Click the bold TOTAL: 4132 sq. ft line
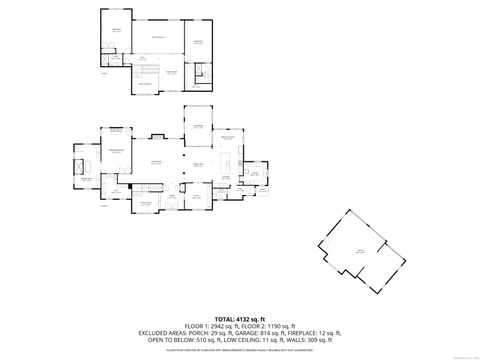point(240,319)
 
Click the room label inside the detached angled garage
point(359,252)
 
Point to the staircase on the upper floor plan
point(147,74)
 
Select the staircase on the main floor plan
point(150,187)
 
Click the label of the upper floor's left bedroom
point(116,31)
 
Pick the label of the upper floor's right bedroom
point(197,42)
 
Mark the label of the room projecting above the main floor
point(198,125)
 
